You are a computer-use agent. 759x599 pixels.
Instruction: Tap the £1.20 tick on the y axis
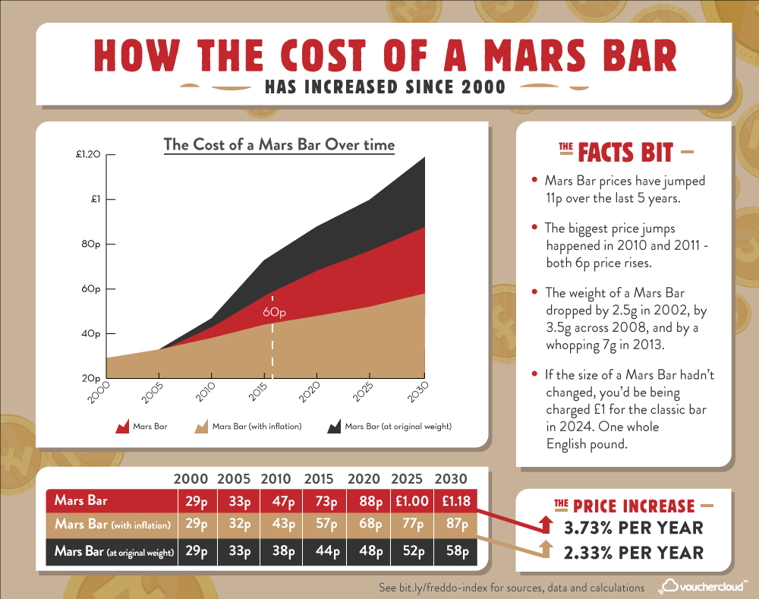88,155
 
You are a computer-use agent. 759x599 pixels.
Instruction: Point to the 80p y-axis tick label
91,244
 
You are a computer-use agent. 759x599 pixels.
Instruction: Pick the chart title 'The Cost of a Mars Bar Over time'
280,144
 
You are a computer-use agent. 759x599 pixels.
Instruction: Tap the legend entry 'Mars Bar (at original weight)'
398,427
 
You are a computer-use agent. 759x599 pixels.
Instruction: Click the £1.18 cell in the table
455,501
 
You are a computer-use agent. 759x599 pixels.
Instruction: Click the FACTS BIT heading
625,152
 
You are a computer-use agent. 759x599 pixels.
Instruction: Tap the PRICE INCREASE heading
633,506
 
